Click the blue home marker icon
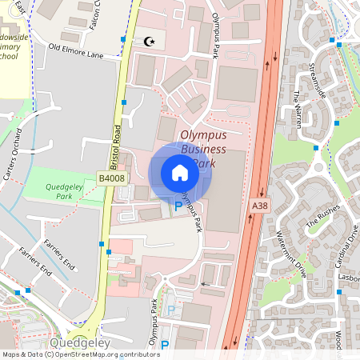pos(180,173)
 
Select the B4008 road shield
pos(111,178)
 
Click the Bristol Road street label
pos(114,144)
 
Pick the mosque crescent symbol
pos(148,41)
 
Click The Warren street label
pos(298,106)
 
